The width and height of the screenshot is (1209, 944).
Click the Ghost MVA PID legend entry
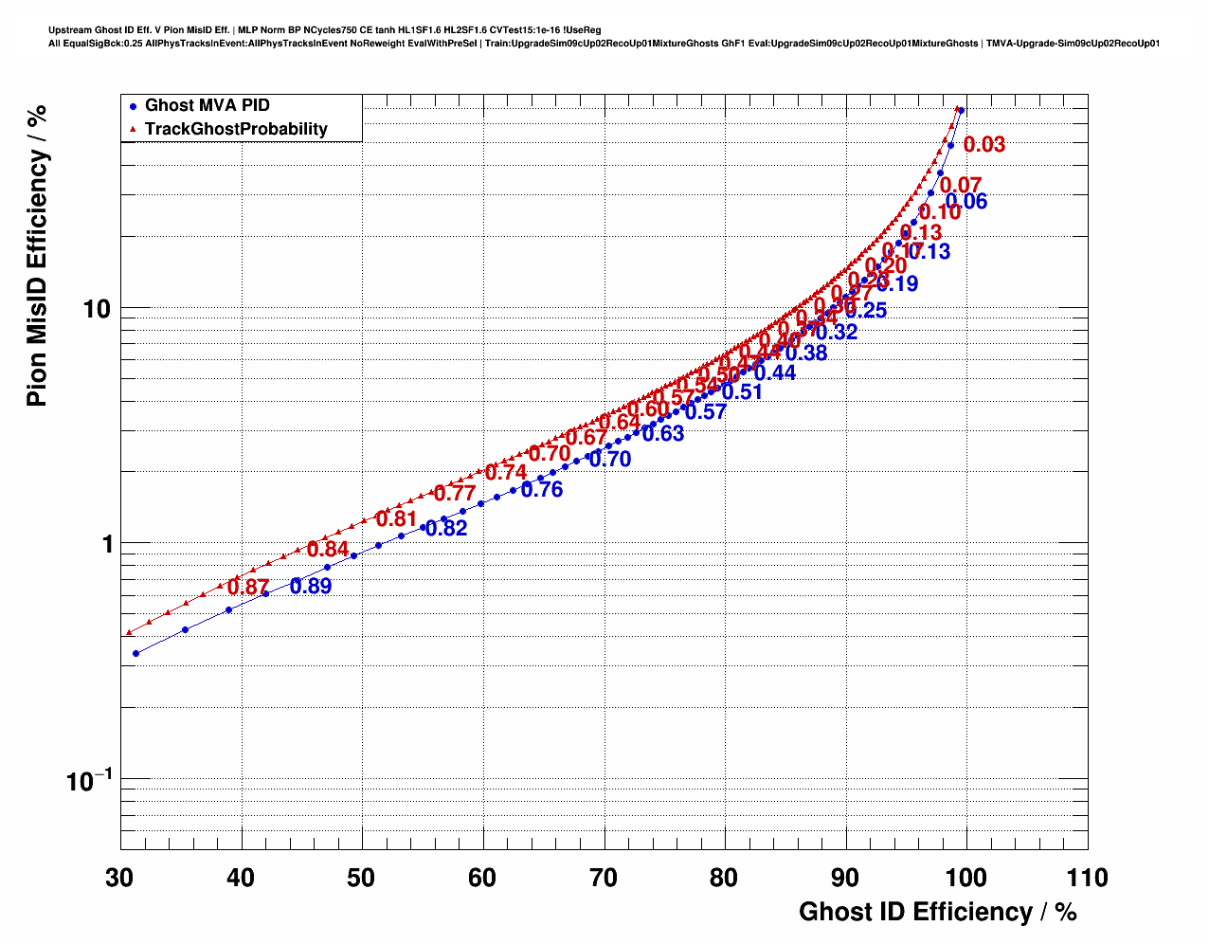coord(207,105)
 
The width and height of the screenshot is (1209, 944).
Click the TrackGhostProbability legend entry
coord(235,129)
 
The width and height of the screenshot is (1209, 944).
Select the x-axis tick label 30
coord(119,878)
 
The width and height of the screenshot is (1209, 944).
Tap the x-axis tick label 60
coord(482,878)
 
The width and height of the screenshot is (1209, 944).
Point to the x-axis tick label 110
coord(1087,878)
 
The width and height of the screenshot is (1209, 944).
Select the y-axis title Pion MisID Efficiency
coord(37,256)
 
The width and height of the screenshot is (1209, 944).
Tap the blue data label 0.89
coord(311,587)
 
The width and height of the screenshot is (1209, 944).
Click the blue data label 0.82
coord(446,529)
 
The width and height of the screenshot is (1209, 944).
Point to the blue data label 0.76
coord(542,490)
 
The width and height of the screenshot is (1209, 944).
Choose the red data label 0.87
coord(248,588)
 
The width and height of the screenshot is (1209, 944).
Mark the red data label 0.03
coord(984,145)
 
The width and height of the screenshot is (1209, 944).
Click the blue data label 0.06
coord(966,202)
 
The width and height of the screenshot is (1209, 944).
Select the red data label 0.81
coord(396,519)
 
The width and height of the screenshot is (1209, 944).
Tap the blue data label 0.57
coord(706,412)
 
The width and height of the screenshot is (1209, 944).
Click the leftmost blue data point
coord(136,653)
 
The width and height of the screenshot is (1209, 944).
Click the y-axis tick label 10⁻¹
coord(88,781)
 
